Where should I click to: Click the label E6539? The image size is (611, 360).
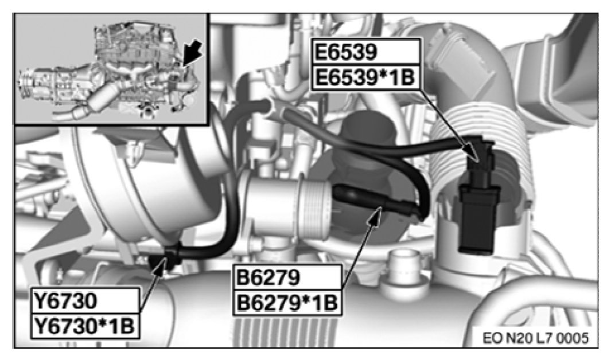coord(347,52)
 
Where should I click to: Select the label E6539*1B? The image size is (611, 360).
coord(364,77)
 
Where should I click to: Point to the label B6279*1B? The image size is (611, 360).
coord(286,303)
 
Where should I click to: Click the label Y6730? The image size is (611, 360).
coord(65,301)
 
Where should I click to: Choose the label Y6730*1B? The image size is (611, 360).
coord(84,326)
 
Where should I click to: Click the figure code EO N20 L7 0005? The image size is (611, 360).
coord(535,338)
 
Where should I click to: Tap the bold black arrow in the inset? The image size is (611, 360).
coord(192,55)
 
